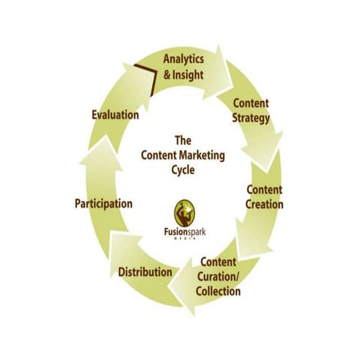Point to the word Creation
tap(265, 203)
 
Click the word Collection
tap(217, 290)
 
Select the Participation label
tap(103, 203)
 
